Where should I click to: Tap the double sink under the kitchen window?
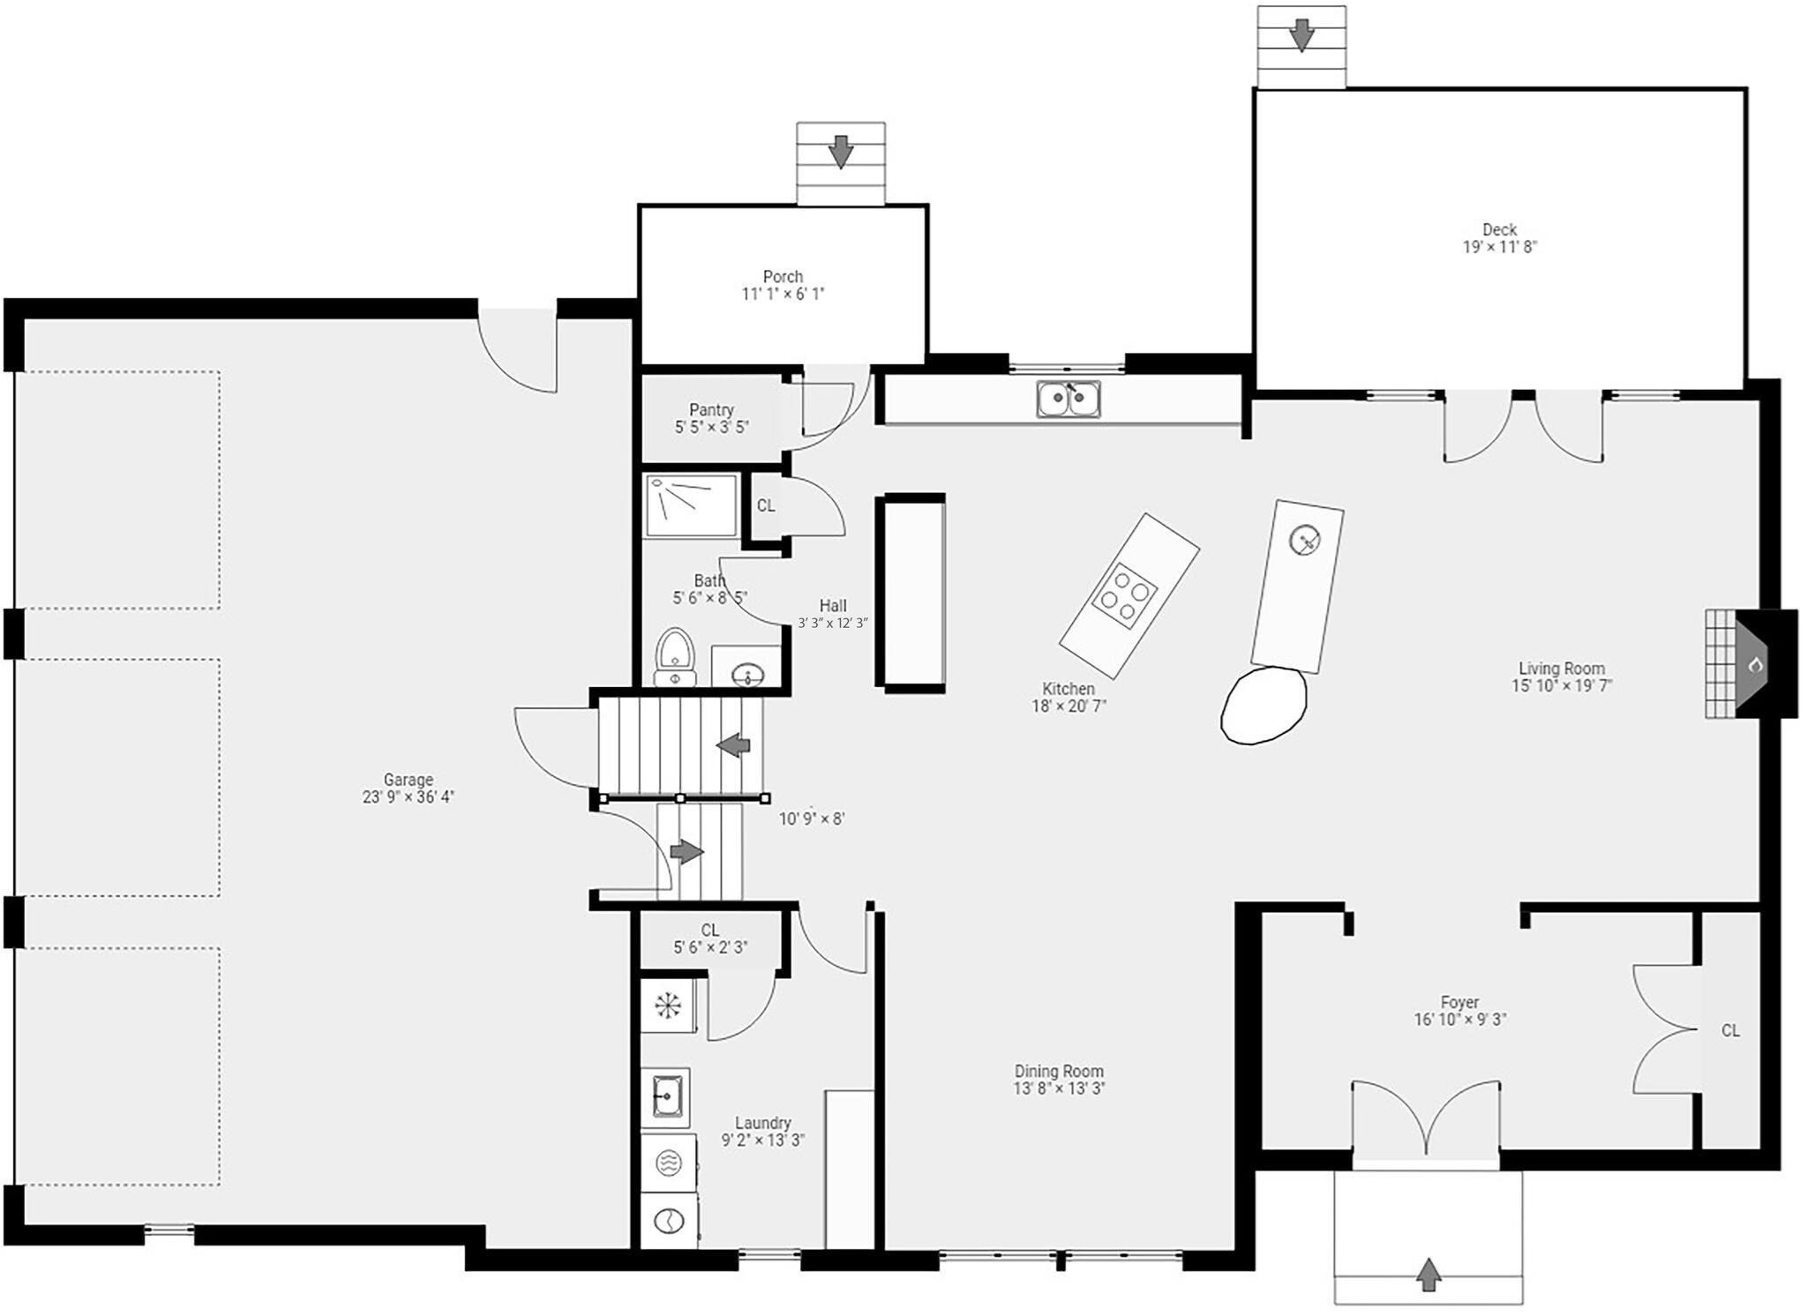click(x=1068, y=398)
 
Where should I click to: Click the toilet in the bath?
click(x=675, y=656)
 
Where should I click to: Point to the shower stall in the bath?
click(x=691, y=505)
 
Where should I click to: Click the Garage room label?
click(x=408, y=780)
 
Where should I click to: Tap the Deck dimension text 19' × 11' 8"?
click(x=1500, y=247)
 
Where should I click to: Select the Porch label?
click(x=783, y=277)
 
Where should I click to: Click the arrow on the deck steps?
click(x=1301, y=35)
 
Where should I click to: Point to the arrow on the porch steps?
click(x=841, y=152)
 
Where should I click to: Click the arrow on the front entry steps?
click(x=1428, y=1275)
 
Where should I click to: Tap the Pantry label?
click(x=711, y=410)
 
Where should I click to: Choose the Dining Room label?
click(x=1059, y=1072)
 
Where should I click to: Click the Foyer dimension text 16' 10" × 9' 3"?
click(x=1460, y=1020)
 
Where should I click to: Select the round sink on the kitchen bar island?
click(x=1304, y=540)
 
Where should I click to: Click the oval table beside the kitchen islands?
click(x=1263, y=705)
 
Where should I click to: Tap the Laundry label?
click(x=763, y=1123)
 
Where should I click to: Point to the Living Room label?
click(x=1562, y=669)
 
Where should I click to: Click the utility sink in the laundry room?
click(x=665, y=1098)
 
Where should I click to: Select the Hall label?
click(x=833, y=606)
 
